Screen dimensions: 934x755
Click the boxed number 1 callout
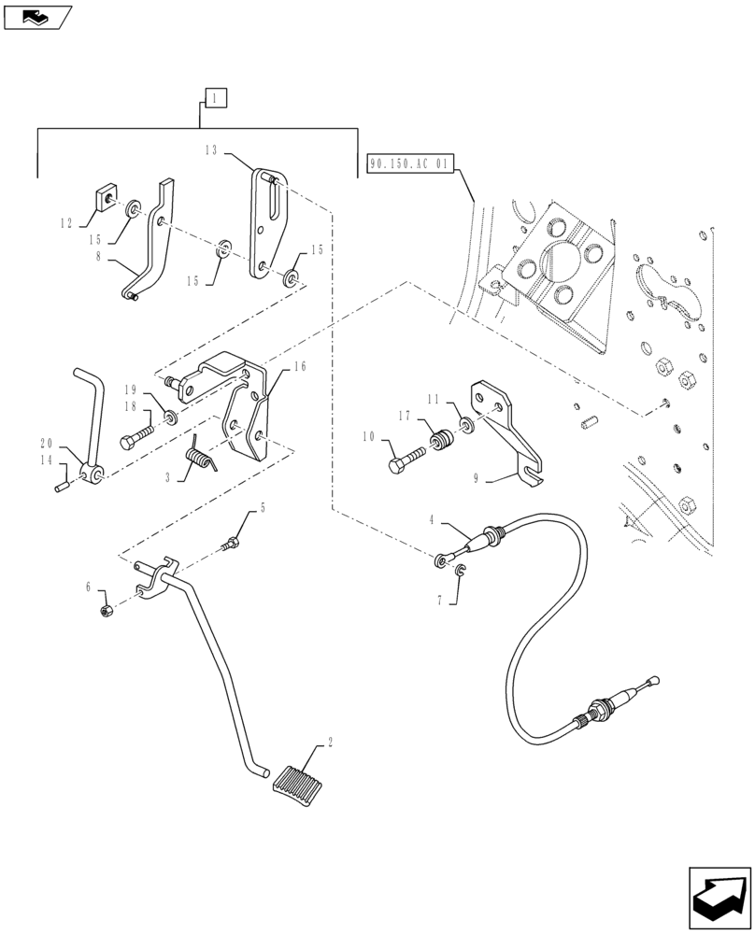click(214, 97)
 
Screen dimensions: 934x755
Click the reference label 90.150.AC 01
click(409, 164)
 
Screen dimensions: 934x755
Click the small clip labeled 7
click(463, 572)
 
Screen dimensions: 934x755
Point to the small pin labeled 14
click(63, 487)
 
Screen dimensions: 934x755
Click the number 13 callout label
click(211, 149)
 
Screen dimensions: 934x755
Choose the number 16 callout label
click(299, 367)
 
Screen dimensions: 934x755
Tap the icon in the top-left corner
click(36, 15)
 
